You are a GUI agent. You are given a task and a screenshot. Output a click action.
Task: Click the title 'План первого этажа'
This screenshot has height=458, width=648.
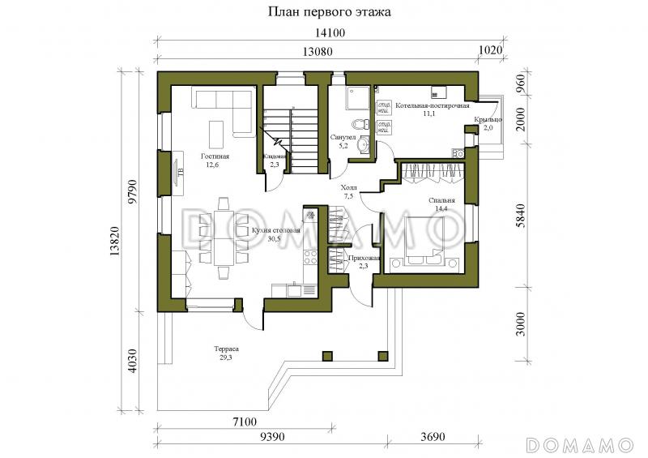323,13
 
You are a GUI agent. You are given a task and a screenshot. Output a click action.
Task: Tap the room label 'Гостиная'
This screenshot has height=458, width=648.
215,156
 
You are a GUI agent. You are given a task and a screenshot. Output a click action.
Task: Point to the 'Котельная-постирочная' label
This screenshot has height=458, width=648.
432,105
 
